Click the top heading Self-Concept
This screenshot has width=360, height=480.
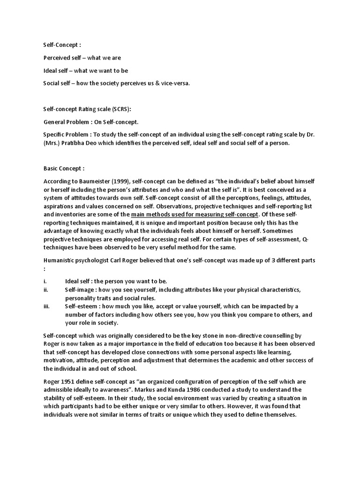[x=62, y=45]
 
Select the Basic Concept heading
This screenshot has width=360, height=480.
[x=64, y=168]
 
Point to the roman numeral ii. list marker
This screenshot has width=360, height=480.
[x=46, y=290]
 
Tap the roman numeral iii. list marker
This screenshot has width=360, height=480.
[x=46, y=306]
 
